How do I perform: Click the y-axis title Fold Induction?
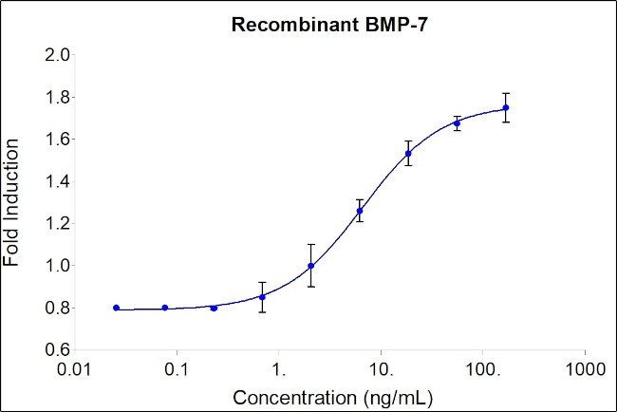(x=12, y=202)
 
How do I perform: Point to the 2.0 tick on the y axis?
(x=58, y=55)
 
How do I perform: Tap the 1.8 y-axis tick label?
(x=58, y=97)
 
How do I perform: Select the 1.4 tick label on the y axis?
(x=58, y=181)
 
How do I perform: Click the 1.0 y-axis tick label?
(x=58, y=266)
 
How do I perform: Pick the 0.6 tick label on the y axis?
(x=58, y=350)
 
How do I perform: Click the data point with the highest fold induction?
(x=506, y=107)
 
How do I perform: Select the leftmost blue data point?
(x=116, y=308)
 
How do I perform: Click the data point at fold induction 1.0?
(x=311, y=266)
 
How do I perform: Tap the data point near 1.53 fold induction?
(x=408, y=154)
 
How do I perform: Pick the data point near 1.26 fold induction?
(x=360, y=211)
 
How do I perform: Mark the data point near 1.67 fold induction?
(x=457, y=123)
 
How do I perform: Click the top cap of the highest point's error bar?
(x=506, y=93)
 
